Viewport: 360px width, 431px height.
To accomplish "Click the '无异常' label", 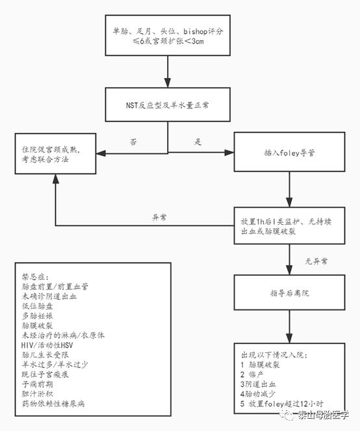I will pos(316,261).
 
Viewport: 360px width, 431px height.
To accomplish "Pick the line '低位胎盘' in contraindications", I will pos(38,305).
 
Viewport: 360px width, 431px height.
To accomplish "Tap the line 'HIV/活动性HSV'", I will pos(49,345).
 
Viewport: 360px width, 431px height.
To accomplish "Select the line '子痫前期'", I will pos(38,384).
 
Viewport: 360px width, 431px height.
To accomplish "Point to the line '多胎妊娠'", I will pos(38,315).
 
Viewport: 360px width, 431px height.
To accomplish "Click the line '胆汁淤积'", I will pos(38,394).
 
